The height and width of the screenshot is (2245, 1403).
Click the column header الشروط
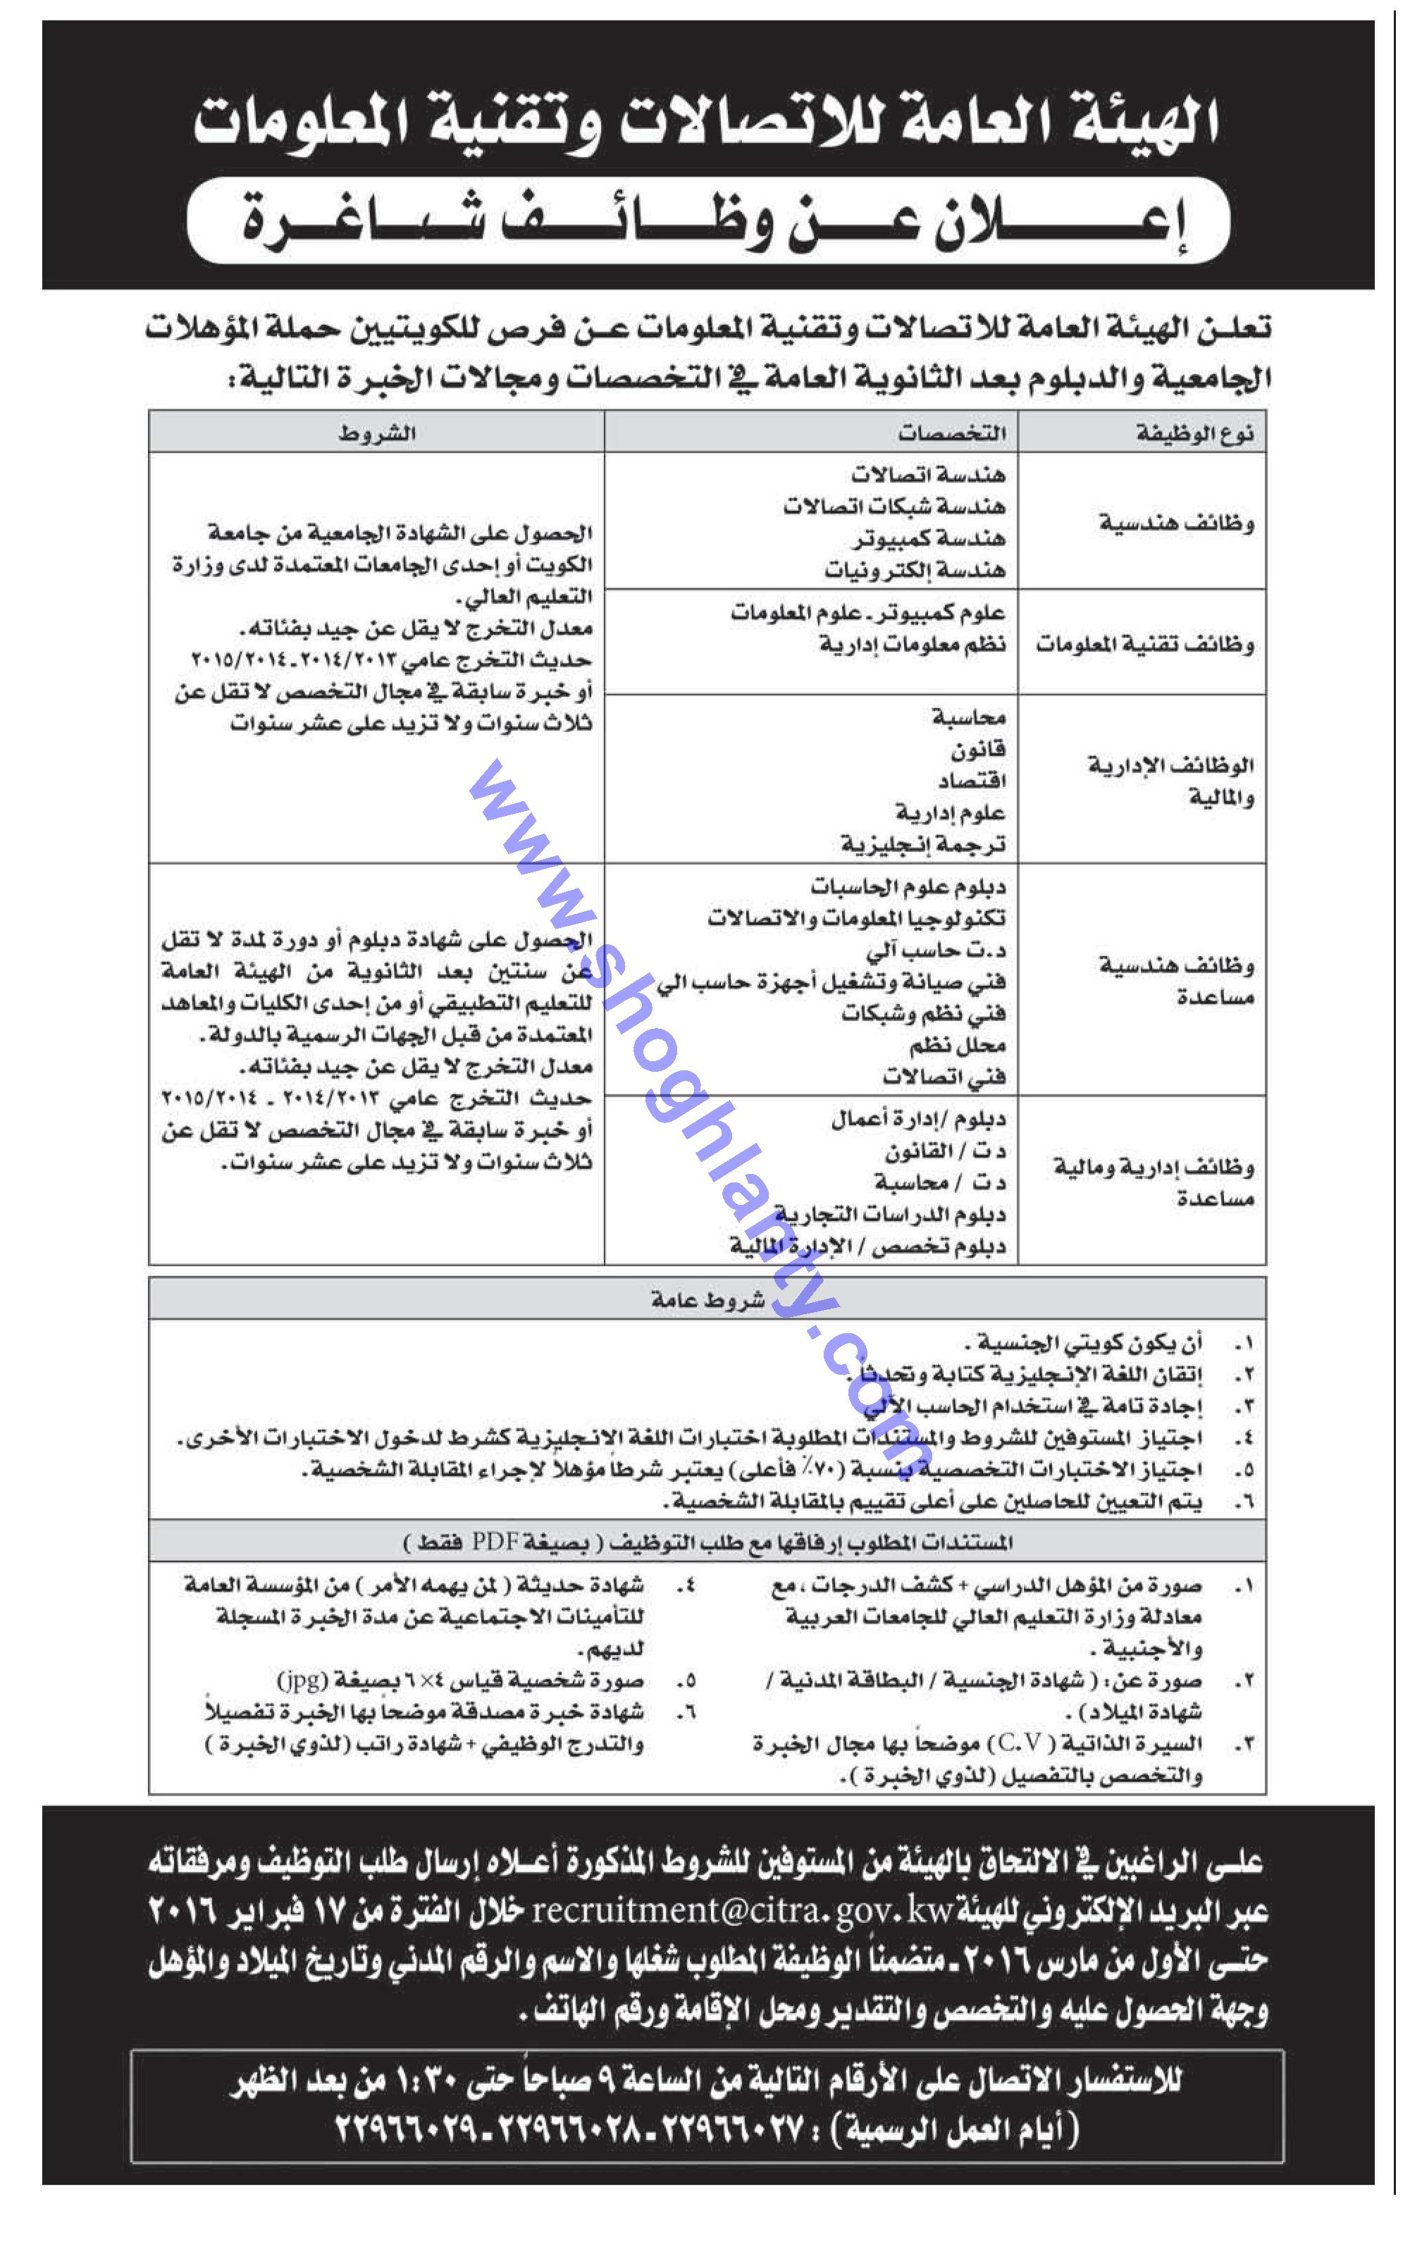(x=376, y=433)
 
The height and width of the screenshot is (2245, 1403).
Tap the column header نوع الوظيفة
(x=1195, y=433)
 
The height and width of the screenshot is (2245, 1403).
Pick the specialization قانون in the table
(x=978, y=748)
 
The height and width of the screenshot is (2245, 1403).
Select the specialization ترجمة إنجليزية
(x=922, y=844)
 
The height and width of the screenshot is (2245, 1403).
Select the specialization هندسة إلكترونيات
(x=914, y=569)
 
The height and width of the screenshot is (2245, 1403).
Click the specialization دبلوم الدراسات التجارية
(x=890, y=1214)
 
